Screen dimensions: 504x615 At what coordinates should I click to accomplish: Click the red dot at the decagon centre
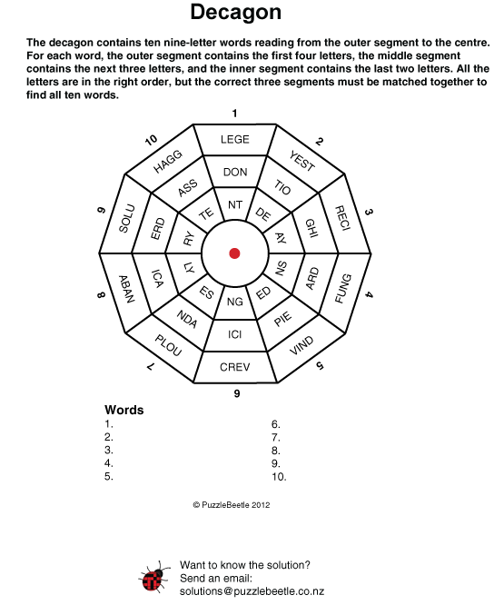[x=234, y=253]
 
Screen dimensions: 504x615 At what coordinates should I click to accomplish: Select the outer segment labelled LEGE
[x=235, y=140]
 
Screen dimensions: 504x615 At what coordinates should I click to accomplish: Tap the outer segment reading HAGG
[x=166, y=160]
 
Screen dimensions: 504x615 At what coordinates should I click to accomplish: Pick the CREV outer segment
[x=235, y=367]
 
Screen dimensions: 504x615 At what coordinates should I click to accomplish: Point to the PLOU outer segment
[x=166, y=346]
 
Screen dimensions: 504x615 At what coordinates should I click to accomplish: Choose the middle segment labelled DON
[x=235, y=172]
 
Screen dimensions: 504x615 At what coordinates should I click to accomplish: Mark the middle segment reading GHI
[x=311, y=227]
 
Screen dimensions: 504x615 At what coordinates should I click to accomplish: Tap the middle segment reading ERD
[x=157, y=228]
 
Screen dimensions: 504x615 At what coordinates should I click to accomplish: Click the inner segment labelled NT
[x=235, y=204]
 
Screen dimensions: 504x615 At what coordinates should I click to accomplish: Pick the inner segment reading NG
[x=235, y=302]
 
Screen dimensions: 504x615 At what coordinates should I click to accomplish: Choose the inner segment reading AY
[x=282, y=238]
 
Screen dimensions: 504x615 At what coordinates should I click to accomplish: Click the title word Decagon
[x=236, y=12]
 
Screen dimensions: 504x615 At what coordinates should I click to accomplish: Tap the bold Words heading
[x=124, y=410]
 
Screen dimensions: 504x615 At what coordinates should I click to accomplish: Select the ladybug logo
[x=154, y=578]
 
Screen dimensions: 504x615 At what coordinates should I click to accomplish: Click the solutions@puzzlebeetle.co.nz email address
[x=252, y=591]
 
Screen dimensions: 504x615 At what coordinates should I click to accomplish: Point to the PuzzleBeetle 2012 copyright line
[x=232, y=505]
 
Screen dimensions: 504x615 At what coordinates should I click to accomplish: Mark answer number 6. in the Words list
[x=276, y=424]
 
